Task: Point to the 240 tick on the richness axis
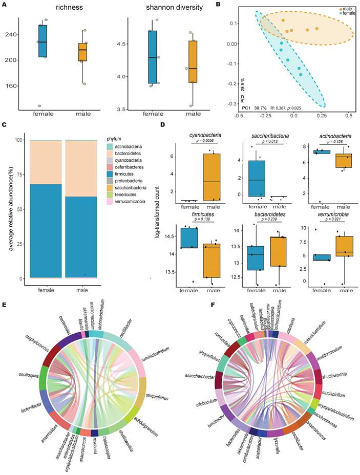coord(10,34)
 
